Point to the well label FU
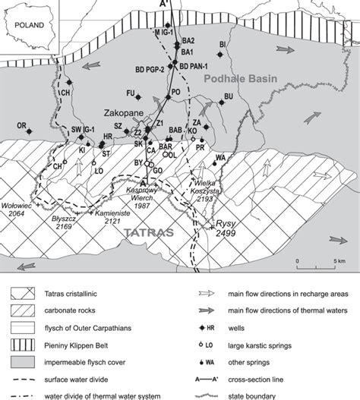point(131,93)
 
